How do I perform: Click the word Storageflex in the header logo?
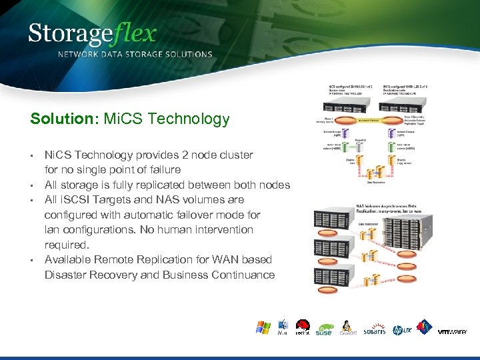coord(93,34)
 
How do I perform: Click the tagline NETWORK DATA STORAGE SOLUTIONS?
coord(135,55)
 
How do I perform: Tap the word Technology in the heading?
coord(189,119)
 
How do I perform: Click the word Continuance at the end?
coord(241,275)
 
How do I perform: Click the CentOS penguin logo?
coord(348,328)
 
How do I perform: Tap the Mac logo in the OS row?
coord(283,328)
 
